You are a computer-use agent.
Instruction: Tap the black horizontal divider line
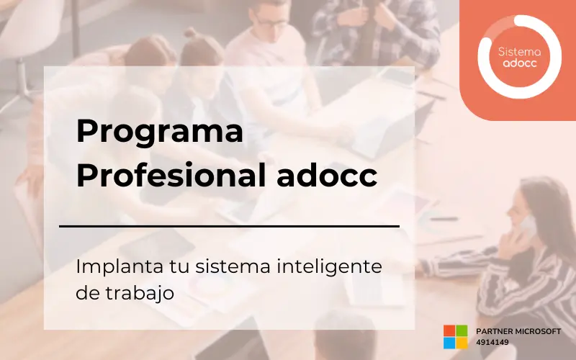(x=229, y=226)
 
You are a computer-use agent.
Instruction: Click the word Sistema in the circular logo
(x=519, y=51)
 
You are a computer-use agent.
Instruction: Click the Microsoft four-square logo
(x=455, y=336)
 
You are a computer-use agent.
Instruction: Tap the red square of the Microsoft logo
(x=449, y=330)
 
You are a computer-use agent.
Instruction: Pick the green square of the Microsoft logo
(x=462, y=330)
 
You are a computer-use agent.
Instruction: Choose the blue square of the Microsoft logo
(x=449, y=343)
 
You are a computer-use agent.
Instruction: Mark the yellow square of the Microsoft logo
(x=462, y=343)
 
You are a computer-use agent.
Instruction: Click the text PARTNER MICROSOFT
(x=518, y=330)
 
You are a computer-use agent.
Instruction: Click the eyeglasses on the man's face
(x=271, y=22)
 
